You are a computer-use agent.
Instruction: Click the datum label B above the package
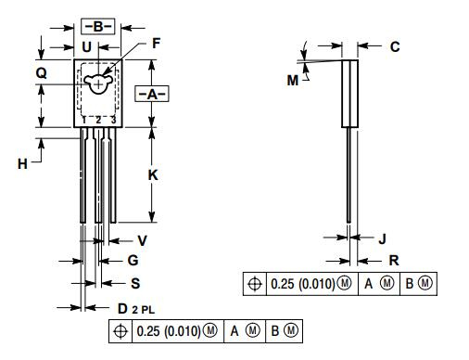[x=97, y=25]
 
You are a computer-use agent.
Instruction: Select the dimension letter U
[x=86, y=45]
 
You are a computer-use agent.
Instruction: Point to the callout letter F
[x=157, y=43]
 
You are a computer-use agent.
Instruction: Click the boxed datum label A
[x=151, y=94]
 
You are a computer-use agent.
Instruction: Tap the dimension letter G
[x=133, y=261]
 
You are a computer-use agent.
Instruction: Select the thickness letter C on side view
[x=395, y=46]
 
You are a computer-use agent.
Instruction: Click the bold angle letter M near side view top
[x=293, y=81]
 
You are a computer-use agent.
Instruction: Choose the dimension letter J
[x=383, y=238]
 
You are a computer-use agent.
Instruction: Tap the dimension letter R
[x=394, y=261]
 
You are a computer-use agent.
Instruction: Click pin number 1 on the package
[x=83, y=120]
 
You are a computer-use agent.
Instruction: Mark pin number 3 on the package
[x=112, y=120]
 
